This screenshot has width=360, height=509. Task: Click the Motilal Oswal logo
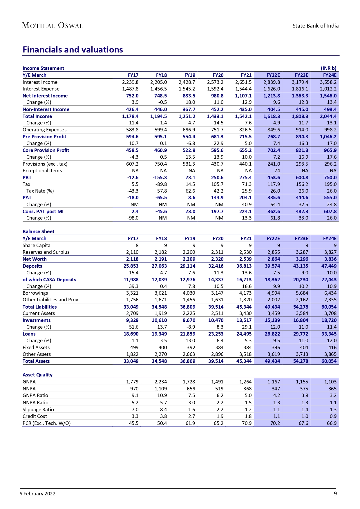[x=53, y=26]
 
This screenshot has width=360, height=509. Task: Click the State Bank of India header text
[x=315, y=26]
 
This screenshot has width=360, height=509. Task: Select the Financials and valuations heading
[x=73, y=50]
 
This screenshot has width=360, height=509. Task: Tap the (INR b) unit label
[x=328, y=68]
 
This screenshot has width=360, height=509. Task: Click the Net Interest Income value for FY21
[x=243, y=96]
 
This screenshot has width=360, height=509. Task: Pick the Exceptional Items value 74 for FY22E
[x=277, y=171]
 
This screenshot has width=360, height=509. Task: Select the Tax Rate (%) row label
[x=40, y=191]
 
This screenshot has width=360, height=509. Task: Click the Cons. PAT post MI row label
[x=43, y=211]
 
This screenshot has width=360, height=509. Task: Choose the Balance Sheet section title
[x=39, y=231]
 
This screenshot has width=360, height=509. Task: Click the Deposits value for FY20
[x=216, y=266]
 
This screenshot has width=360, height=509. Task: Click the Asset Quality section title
[x=38, y=375]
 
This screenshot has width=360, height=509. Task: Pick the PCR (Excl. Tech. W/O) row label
[x=47, y=423]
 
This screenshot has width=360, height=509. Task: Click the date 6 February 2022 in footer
[x=37, y=494]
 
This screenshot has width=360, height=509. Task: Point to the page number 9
[x=335, y=494]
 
